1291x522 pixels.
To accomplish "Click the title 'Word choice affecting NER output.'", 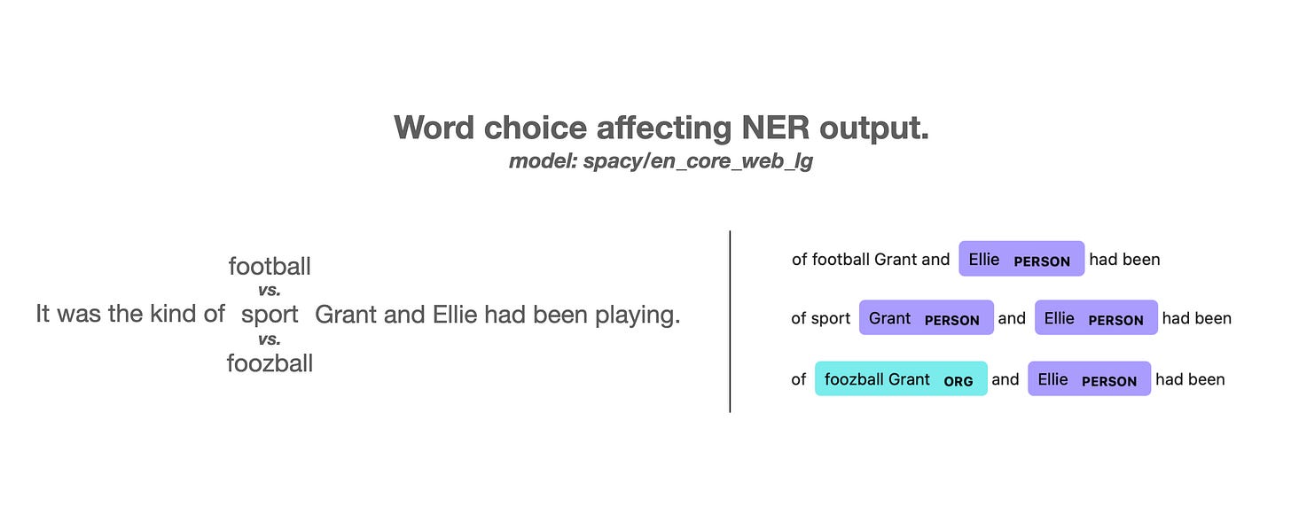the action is tap(661, 128).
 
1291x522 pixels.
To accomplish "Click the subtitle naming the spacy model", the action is tap(661, 161).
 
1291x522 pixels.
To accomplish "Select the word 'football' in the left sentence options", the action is tap(270, 266).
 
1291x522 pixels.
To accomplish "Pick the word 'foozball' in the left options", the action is tap(270, 363).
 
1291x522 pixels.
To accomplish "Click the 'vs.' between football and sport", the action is tap(270, 290).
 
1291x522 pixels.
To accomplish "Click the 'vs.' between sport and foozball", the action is tap(270, 339).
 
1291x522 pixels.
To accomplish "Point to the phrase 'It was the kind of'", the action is tap(130, 314).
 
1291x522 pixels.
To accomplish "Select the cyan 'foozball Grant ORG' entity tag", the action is tap(901, 378).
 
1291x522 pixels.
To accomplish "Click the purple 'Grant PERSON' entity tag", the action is tap(927, 317).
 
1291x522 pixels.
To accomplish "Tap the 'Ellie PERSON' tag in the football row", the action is tap(1021, 259).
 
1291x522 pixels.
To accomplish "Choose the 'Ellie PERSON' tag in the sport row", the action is tap(1096, 317).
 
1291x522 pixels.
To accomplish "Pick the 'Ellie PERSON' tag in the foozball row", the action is tap(1089, 378).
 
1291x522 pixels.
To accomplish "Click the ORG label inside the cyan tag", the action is tap(958, 381).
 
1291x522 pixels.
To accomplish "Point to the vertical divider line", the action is tap(730, 322).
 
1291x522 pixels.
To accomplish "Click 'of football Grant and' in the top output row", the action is tap(871, 260).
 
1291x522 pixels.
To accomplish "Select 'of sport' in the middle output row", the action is tap(821, 319).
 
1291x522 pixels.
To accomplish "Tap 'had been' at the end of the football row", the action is tap(1124, 260).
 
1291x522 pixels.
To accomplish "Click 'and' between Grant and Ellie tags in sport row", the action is tap(1012, 319).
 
